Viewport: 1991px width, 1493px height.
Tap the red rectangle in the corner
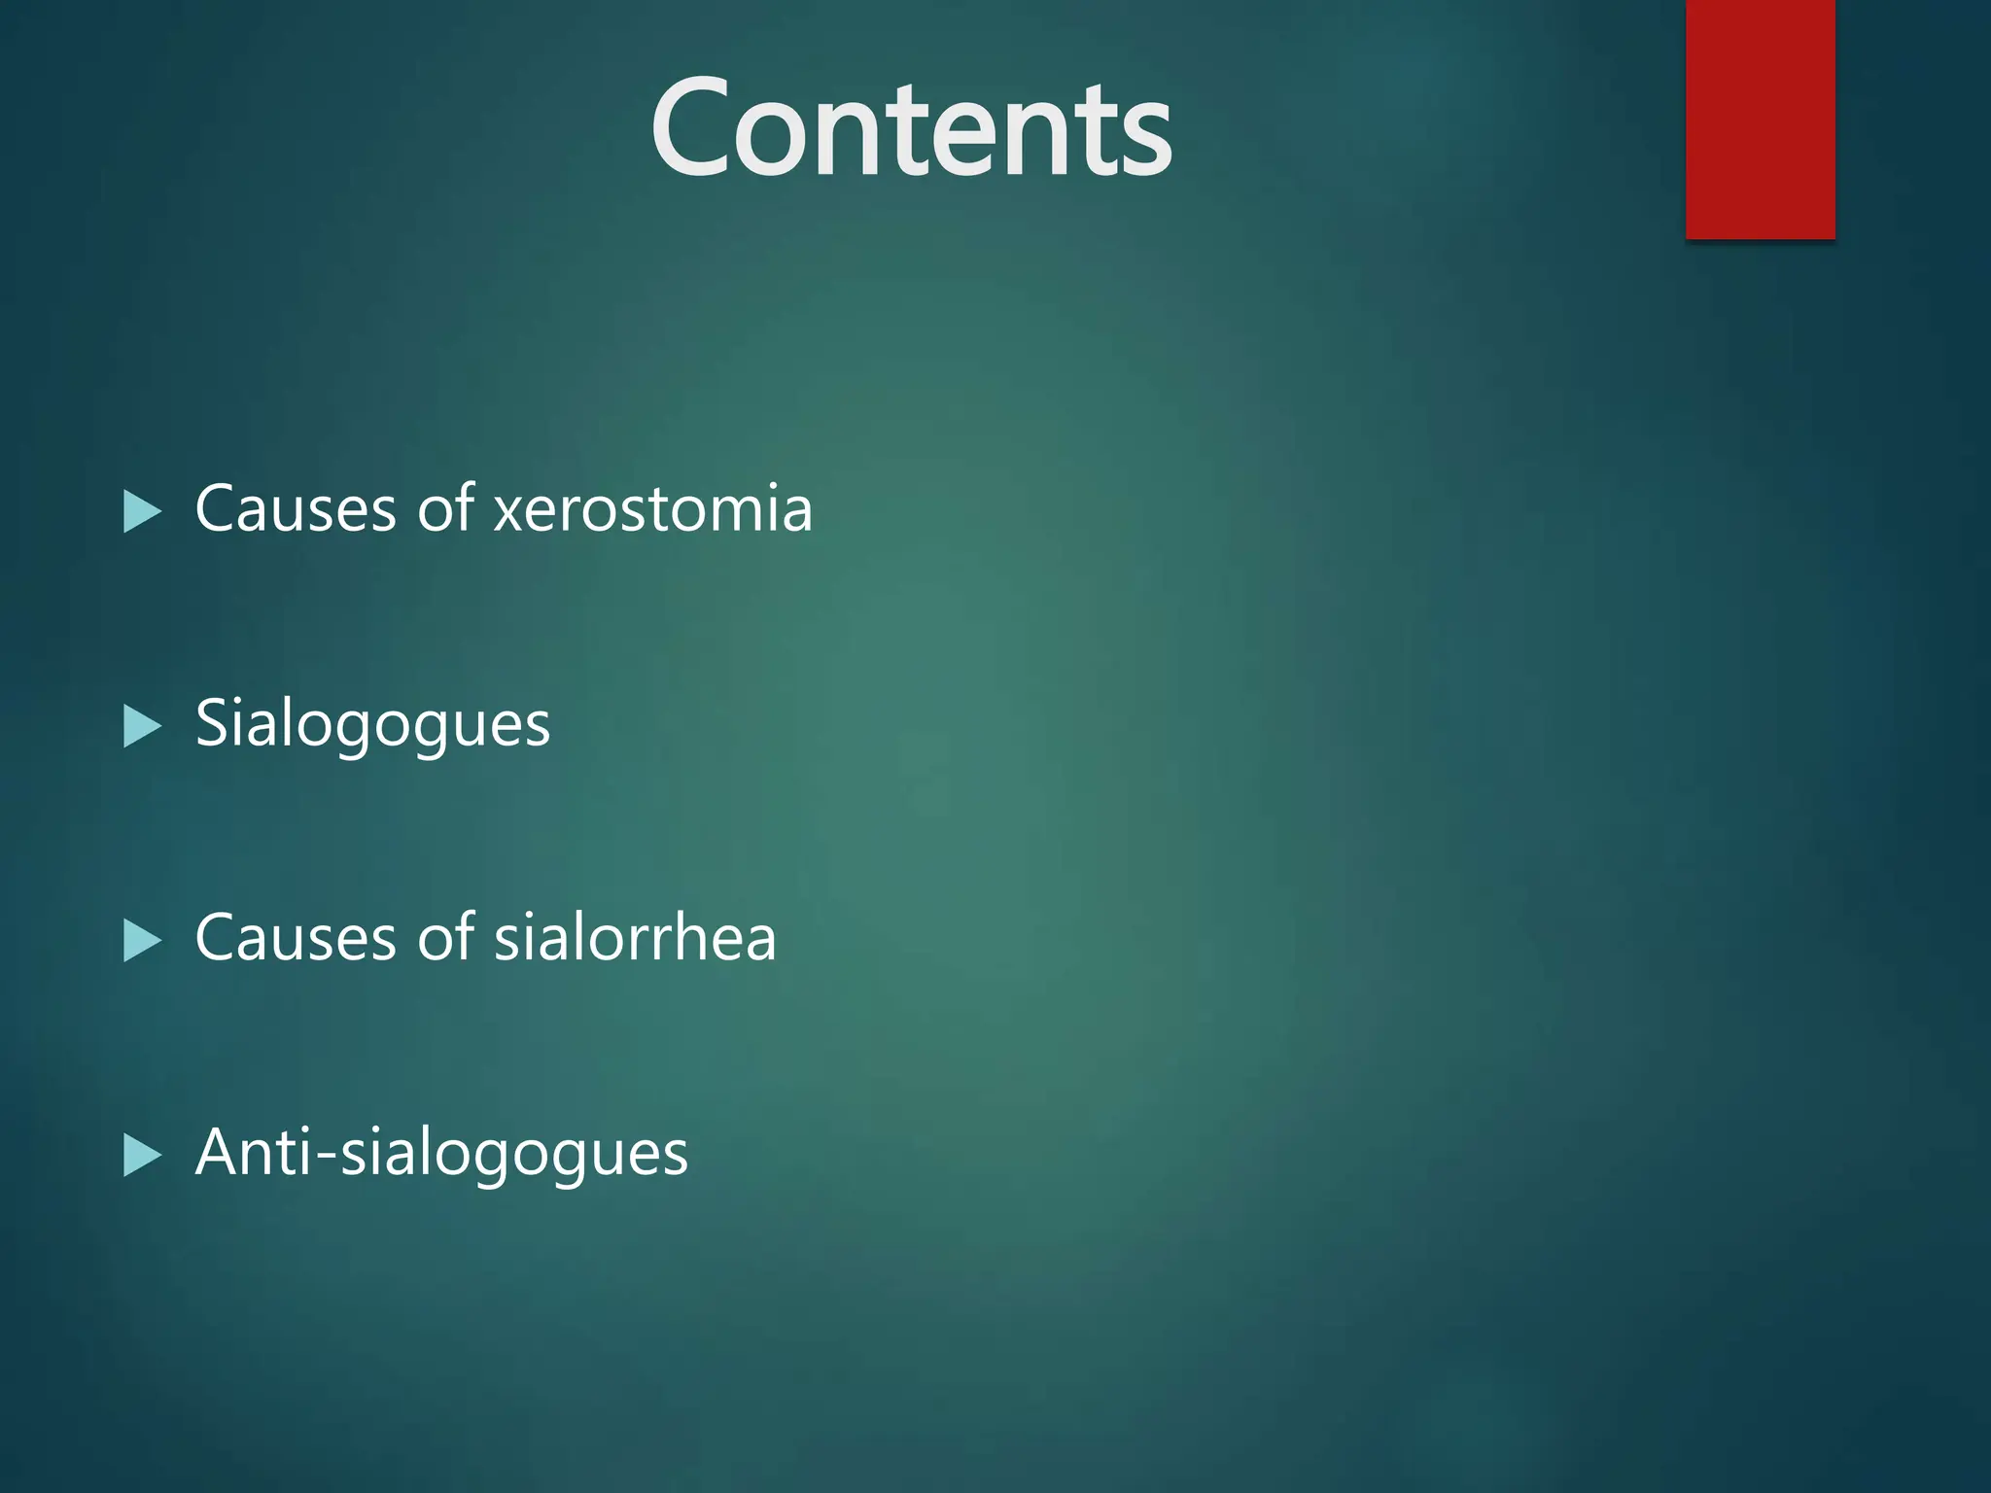click(x=1760, y=119)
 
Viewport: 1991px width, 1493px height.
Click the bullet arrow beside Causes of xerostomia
click(x=142, y=511)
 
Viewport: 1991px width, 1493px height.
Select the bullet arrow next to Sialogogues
click(x=142, y=726)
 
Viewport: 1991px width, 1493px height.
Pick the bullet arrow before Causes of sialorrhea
click(x=142, y=940)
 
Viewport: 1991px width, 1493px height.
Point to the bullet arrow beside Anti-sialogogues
click(x=142, y=1155)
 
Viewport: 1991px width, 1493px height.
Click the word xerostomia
click(x=652, y=509)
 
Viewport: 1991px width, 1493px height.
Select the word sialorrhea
click(x=635, y=939)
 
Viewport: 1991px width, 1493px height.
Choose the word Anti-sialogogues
click(x=441, y=1154)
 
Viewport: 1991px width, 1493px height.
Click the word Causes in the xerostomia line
click(x=296, y=509)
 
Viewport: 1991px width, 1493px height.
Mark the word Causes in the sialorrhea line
click(x=296, y=939)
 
